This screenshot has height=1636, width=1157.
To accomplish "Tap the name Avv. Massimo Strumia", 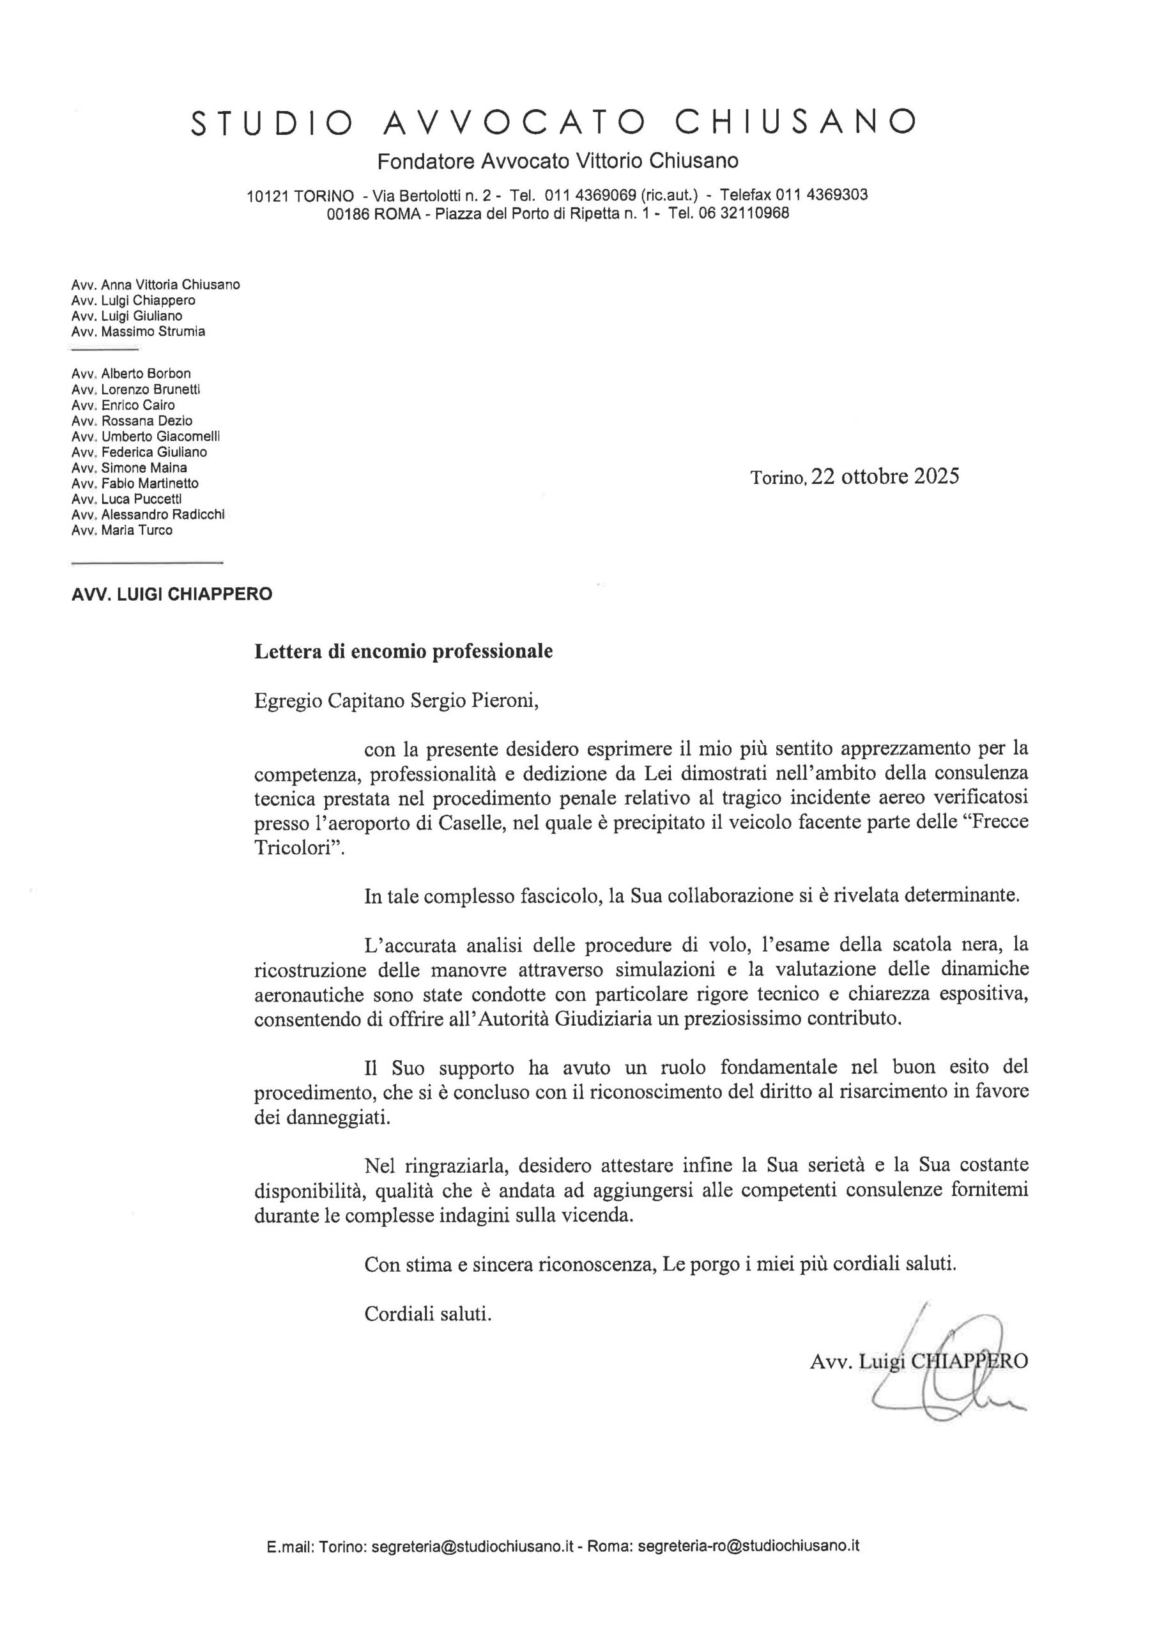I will [138, 331].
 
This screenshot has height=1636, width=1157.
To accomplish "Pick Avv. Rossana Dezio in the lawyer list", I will [132, 421].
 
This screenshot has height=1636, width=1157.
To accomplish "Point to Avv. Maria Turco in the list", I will [122, 530].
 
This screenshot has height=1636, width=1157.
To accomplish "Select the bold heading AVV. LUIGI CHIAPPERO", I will [172, 594].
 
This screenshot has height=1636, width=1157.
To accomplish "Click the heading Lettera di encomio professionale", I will [403, 651].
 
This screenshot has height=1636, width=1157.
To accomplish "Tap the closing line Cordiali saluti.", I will [427, 1313].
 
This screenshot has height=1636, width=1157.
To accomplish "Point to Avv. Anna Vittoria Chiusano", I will [155, 284].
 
